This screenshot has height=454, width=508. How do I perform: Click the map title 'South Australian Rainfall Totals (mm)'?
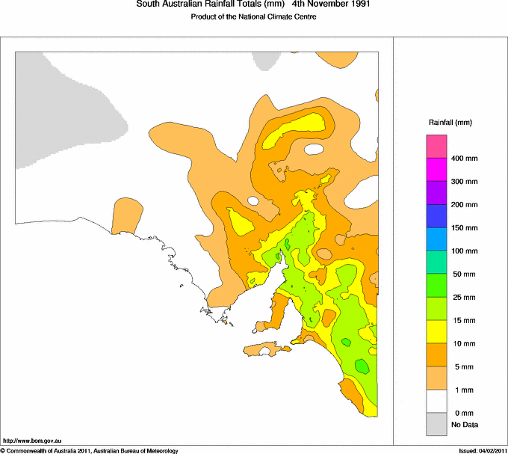208,4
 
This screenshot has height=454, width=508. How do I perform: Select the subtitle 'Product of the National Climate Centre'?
254,17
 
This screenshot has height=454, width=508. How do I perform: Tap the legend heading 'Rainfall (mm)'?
450,122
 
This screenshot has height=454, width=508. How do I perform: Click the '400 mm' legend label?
464,159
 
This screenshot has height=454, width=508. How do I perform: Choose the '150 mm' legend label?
464,228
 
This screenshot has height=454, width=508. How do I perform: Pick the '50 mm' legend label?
462,274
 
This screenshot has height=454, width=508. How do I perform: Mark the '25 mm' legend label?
462,298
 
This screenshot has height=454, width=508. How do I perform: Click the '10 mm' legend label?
462,343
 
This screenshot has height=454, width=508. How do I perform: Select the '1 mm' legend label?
460,390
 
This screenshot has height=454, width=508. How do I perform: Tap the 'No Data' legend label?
464,425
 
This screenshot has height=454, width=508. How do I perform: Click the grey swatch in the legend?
436,425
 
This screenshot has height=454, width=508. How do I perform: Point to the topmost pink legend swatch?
436,146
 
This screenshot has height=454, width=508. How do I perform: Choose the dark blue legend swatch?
436,215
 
